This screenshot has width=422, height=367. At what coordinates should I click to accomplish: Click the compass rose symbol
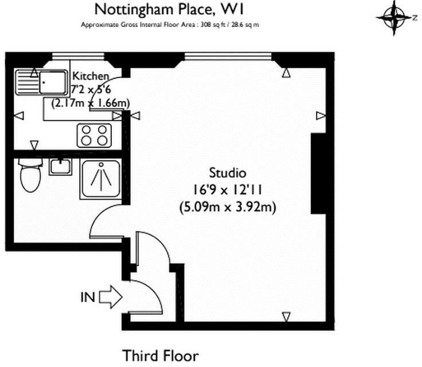[394, 18]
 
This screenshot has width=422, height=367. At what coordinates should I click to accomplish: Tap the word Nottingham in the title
[134, 10]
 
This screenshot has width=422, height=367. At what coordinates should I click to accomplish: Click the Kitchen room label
[91, 76]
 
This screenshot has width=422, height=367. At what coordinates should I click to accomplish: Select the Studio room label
[228, 173]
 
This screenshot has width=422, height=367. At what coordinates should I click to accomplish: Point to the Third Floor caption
[161, 356]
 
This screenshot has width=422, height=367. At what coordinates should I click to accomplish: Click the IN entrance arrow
[111, 297]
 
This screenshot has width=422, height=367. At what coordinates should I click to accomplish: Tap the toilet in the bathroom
[31, 175]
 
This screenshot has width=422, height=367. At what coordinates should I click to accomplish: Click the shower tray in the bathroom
[101, 179]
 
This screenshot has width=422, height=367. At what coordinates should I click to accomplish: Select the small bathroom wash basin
[60, 167]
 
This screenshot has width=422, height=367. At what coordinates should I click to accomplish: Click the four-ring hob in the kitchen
[94, 135]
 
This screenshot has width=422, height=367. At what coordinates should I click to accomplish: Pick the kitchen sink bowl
[53, 82]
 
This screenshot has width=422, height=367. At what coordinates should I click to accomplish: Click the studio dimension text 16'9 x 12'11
[228, 190]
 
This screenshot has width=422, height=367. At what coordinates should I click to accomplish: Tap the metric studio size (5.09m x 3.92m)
[228, 208]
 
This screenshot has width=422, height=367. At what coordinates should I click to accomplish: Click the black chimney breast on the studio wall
[319, 173]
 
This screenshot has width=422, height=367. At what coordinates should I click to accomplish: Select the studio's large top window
[228, 56]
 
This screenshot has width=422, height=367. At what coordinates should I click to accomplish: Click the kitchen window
[78, 56]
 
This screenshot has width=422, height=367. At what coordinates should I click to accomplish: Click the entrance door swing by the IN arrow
[154, 291]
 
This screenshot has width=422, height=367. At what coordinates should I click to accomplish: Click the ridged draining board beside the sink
[28, 83]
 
